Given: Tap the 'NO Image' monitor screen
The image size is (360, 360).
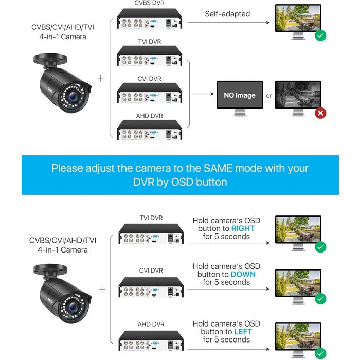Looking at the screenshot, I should [x=239, y=95].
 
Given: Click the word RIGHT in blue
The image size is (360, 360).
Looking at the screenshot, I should [x=243, y=228].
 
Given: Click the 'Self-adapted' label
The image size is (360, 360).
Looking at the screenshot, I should [x=227, y=14].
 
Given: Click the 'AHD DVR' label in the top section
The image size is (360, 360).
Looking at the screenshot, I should [x=149, y=116].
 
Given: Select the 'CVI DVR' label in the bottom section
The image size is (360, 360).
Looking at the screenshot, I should [x=151, y=271].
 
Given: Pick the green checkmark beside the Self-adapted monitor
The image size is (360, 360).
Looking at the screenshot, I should [x=320, y=36].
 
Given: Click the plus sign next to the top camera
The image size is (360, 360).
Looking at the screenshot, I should [x=100, y=78].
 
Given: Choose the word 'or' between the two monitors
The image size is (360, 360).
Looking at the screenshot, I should [x=268, y=96].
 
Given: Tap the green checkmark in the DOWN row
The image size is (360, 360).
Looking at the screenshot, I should [x=320, y=298].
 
